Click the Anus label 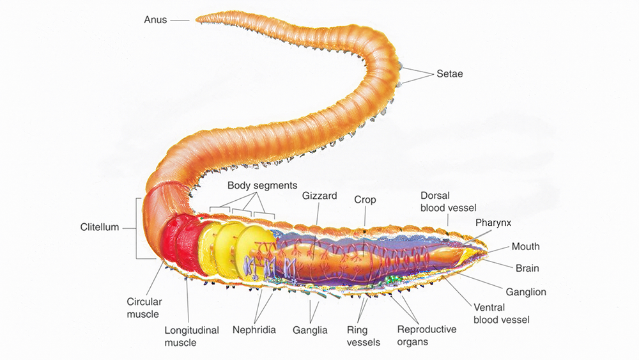[x=155, y=20]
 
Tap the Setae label [x=450, y=74]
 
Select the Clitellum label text [x=100, y=227]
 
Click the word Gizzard [x=319, y=196]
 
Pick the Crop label [x=365, y=200]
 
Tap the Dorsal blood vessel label [x=448, y=201]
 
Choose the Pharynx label [x=493, y=223]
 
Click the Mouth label [x=525, y=246]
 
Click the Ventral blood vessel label [x=502, y=313]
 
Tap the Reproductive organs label [x=426, y=336]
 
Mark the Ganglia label [x=310, y=330]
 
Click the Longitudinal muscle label [x=192, y=336]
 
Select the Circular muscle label [x=144, y=308]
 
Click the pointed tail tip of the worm [x=197, y=19]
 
